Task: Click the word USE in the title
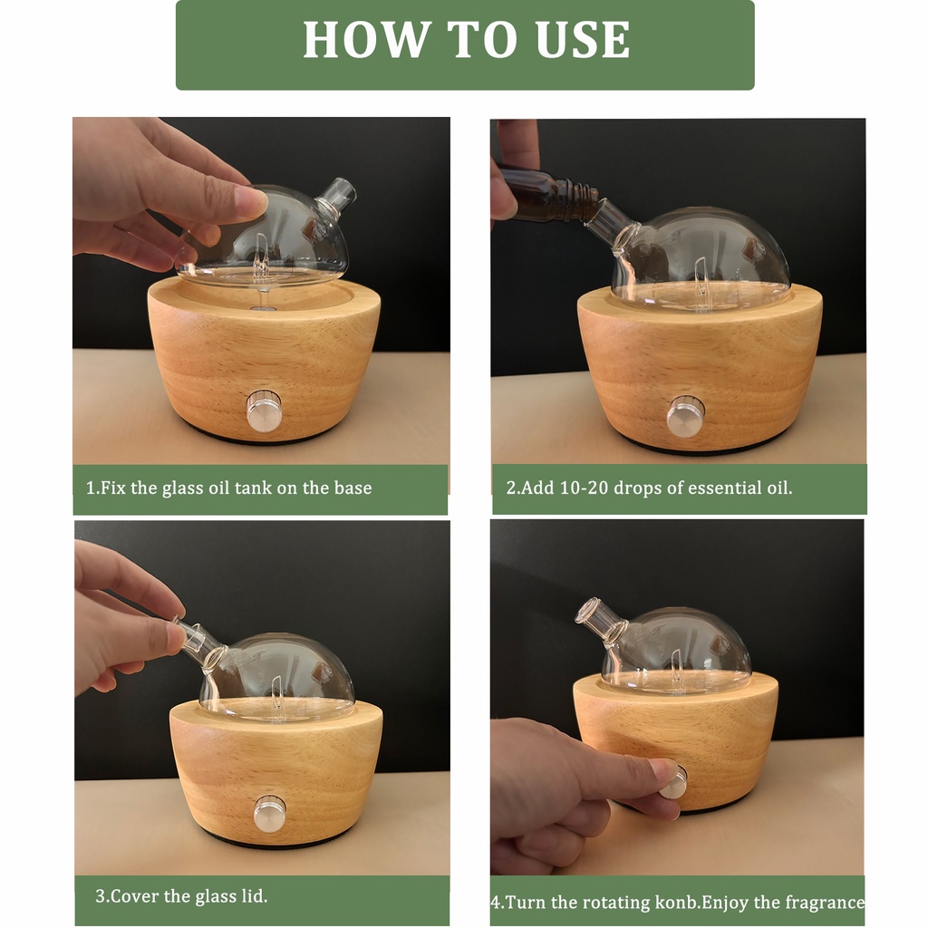(x=583, y=39)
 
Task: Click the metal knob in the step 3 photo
(x=269, y=813)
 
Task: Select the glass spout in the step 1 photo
(x=335, y=196)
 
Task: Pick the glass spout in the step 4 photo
(x=599, y=618)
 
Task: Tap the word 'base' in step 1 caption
(x=353, y=488)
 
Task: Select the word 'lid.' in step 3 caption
(x=254, y=895)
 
